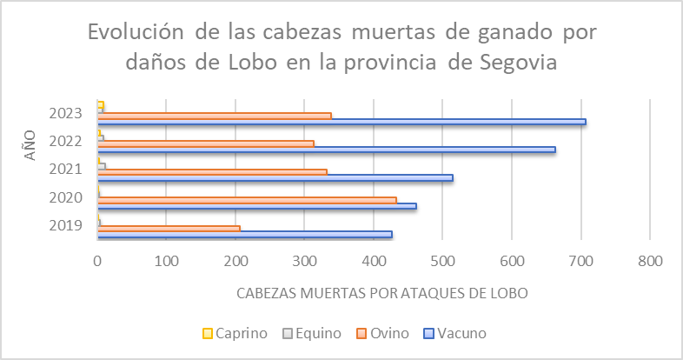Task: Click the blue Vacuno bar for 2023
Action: (341, 122)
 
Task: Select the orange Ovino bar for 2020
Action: (247, 200)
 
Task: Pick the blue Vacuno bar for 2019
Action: (244, 234)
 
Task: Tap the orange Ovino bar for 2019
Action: (169, 228)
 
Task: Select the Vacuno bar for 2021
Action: (275, 178)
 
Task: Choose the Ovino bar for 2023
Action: (215, 115)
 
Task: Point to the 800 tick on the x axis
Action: (650, 259)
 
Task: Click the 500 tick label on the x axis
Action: (442, 259)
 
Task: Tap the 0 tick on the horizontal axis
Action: (98, 259)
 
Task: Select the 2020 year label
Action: (66, 197)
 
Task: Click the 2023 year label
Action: (66, 113)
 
